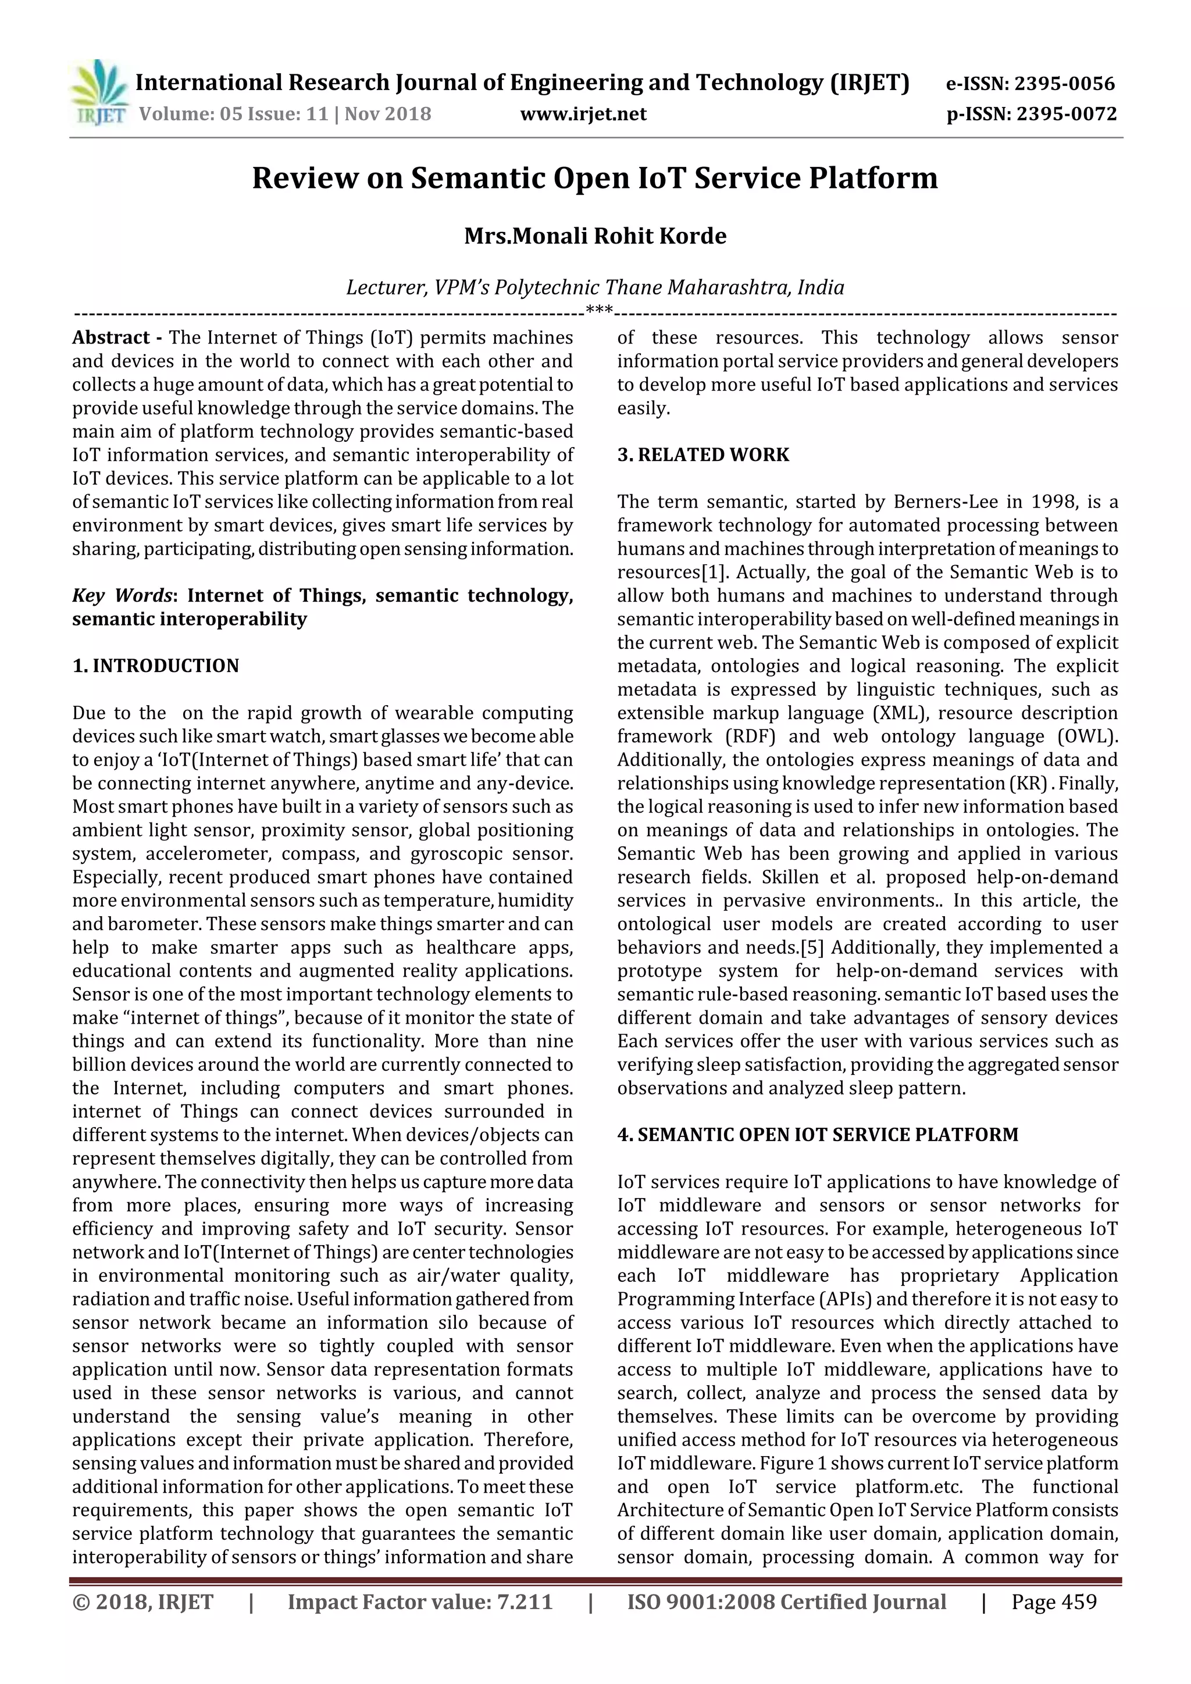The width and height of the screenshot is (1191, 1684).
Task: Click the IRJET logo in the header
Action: (x=98, y=94)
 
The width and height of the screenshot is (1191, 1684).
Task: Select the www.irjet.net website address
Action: (x=583, y=115)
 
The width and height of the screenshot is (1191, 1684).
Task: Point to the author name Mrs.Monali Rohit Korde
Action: (x=595, y=236)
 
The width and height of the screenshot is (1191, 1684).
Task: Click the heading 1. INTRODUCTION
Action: (x=156, y=666)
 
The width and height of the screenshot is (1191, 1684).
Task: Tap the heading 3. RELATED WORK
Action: (x=703, y=455)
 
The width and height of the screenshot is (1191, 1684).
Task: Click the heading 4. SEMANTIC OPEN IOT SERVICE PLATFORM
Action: (x=818, y=1135)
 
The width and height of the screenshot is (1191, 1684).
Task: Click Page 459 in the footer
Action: (x=1054, y=1602)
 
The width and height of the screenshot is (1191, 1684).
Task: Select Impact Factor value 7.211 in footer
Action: (x=420, y=1602)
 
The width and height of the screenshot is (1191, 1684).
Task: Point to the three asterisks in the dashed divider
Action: (x=600, y=311)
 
